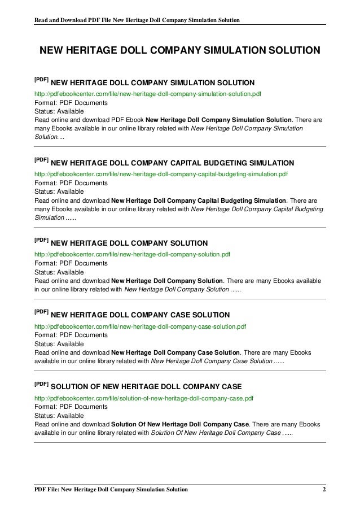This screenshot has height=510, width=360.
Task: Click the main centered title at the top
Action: tap(179, 51)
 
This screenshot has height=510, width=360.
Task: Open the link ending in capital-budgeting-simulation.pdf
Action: tap(161, 175)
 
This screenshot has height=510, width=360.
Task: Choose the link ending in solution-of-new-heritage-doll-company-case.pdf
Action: tap(144, 398)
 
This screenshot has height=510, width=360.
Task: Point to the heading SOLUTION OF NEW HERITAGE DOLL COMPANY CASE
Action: tap(146, 387)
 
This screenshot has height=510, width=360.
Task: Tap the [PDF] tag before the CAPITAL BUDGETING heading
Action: tap(42, 159)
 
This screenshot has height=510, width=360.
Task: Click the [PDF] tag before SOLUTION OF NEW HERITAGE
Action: tap(42, 383)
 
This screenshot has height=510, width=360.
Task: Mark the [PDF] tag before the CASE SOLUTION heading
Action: tap(42, 311)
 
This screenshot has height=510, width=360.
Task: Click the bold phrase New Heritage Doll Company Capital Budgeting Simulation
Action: tap(199, 200)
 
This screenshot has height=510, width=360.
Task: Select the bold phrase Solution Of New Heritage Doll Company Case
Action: tap(179, 424)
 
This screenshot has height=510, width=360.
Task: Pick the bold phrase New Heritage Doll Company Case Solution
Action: tap(176, 351)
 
